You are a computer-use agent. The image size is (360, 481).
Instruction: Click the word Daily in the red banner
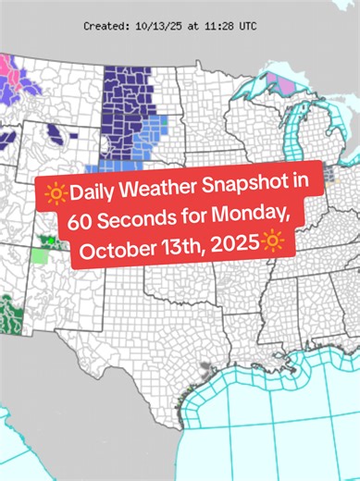[x=93, y=193]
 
